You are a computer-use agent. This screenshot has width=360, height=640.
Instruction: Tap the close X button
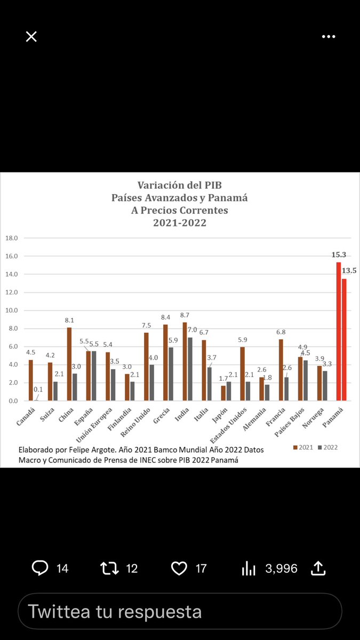tap(31, 36)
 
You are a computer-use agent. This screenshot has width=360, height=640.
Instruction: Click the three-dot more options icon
tap(328, 36)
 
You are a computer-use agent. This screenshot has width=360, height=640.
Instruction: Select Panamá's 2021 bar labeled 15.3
tap(338, 331)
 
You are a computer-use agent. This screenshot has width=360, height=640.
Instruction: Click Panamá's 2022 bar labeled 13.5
tap(344, 339)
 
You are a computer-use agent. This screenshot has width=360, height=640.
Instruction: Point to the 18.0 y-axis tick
tap(11, 238)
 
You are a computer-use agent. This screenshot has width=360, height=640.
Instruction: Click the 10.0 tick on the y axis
tap(11, 310)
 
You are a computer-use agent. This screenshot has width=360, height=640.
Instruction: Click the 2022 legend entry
tap(327, 447)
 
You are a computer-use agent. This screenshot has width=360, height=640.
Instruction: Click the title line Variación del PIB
tap(180, 186)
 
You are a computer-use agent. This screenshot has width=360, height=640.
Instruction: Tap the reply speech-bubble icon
tap(40, 568)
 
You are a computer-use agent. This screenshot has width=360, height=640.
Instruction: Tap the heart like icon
tap(179, 568)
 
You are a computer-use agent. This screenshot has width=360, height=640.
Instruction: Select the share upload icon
tap(318, 568)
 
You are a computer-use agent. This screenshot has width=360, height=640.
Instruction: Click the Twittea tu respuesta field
tap(180, 611)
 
